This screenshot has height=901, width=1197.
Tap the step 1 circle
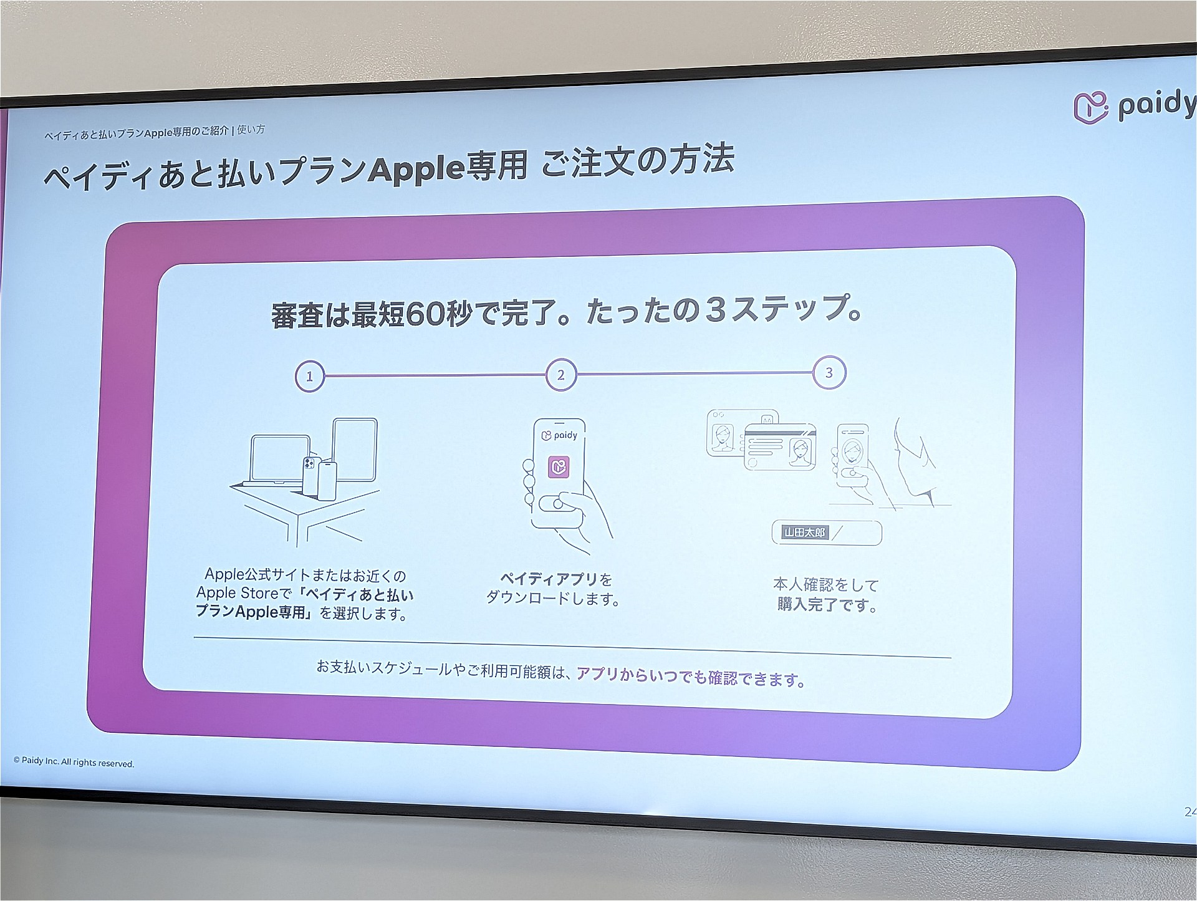click(x=310, y=376)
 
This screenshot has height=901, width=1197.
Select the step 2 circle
click(x=561, y=375)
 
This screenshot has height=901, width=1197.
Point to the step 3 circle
click(x=829, y=373)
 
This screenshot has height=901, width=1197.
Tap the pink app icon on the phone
click(x=559, y=466)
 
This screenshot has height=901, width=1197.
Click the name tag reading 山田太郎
click(x=805, y=532)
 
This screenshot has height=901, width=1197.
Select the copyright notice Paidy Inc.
click(x=74, y=762)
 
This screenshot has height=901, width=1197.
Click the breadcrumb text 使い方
click(x=251, y=130)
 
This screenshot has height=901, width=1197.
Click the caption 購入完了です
click(x=827, y=604)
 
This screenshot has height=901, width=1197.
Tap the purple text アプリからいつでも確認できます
click(x=691, y=677)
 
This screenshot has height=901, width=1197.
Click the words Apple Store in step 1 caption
click(x=237, y=593)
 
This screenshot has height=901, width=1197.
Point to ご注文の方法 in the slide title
click(x=637, y=161)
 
